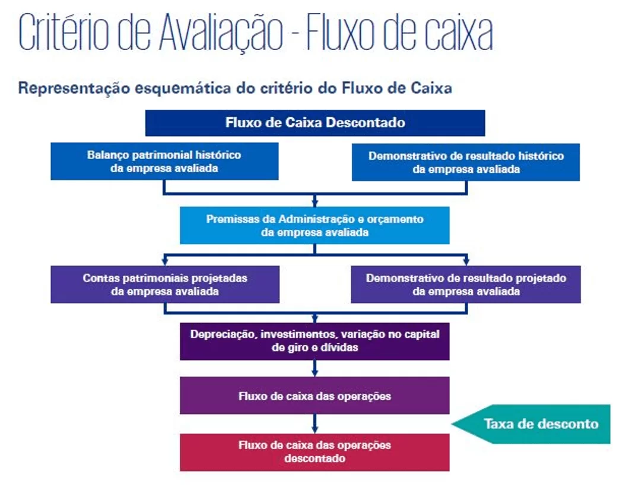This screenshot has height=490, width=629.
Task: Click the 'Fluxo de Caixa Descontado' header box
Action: tap(315, 123)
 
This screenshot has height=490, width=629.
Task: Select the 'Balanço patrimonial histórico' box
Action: tap(164, 162)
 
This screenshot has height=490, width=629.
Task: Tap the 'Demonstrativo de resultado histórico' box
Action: tap(466, 162)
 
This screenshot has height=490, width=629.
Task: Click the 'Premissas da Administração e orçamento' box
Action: tap(314, 225)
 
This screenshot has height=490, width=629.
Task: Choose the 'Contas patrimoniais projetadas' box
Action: tap(165, 284)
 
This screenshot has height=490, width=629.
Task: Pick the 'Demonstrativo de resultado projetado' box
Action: tap(466, 284)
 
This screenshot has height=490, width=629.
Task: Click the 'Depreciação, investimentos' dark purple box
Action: tap(314, 342)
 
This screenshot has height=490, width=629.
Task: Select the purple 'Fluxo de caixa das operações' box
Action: tap(314, 396)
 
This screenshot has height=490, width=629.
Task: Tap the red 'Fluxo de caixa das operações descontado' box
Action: tap(314, 452)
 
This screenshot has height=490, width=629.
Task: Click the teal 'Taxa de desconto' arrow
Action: tap(531, 424)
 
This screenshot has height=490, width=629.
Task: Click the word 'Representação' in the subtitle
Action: tap(74, 88)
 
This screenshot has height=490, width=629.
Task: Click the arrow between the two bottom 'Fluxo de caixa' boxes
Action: tap(315, 423)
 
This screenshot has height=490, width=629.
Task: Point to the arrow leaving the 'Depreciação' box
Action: tap(315, 368)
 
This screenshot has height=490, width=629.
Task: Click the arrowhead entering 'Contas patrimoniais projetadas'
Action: tap(165, 261)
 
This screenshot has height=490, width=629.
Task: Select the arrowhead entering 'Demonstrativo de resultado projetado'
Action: tap(466, 261)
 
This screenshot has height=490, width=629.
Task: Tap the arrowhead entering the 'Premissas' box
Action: tap(315, 203)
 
